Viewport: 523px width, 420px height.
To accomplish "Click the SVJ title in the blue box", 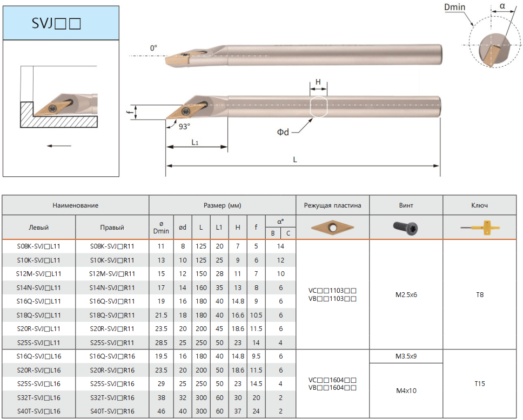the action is [56, 23].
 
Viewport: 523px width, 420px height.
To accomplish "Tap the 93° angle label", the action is [184, 127].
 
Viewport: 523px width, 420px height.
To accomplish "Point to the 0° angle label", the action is [153, 48].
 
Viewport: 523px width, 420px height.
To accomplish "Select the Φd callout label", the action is [283, 132].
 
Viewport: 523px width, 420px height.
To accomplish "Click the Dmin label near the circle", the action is [454, 7].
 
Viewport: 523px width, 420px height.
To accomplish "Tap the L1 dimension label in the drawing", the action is [195, 142].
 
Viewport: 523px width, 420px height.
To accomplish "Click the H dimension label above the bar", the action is [318, 82].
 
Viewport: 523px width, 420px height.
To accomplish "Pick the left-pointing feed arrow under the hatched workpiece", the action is [59, 146].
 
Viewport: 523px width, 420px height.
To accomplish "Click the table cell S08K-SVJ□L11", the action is [39, 246].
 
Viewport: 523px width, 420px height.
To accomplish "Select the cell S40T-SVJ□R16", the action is [112, 411].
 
